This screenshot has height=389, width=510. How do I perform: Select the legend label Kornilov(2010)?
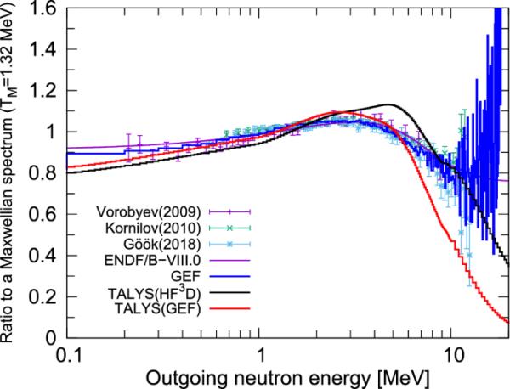point(161,228)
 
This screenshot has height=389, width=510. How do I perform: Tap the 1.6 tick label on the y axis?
point(44,10)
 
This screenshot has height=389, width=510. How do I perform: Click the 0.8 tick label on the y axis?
point(44,173)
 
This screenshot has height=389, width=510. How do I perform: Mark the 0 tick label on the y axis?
point(51,337)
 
